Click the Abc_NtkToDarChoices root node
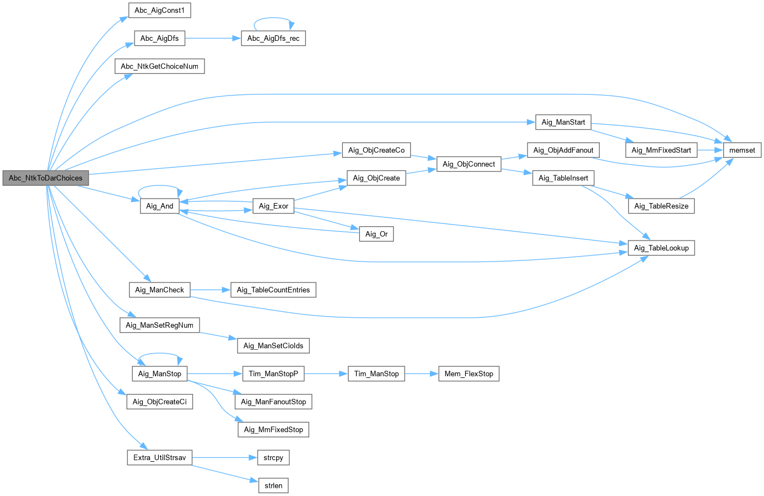[45, 178]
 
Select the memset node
[742, 150]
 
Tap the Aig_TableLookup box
[661, 248]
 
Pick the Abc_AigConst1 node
[159, 10]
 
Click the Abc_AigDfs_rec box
[273, 39]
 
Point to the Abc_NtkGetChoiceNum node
[159, 67]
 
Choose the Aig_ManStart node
[563, 122]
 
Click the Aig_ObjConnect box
[469, 164]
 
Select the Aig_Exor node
[273, 206]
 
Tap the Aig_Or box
[376, 234]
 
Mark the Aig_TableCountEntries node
[273, 290]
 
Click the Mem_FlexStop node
[469, 374]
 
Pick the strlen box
[273, 486]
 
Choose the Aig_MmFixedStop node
[273, 430]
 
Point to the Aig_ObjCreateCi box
[159, 402]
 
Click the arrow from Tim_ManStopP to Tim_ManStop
[326, 374]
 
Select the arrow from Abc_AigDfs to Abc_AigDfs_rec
[213, 39]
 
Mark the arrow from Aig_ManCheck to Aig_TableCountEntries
[210, 290]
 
